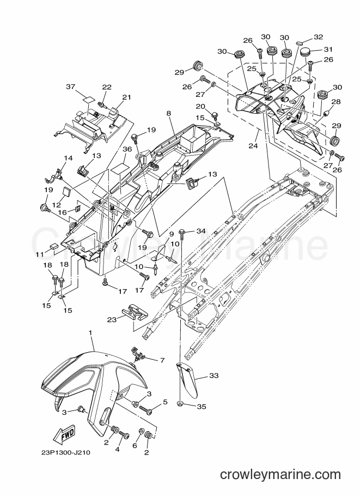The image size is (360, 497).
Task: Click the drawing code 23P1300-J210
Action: [66, 452]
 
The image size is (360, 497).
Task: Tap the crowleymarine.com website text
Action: [280, 475]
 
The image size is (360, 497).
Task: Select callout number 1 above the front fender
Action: [90, 333]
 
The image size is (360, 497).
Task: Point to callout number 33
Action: [214, 376]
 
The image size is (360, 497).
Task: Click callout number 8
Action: [168, 113]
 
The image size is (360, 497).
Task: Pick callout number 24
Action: [253, 146]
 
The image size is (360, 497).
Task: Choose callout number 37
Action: [71, 87]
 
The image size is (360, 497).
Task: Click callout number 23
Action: [112, 320]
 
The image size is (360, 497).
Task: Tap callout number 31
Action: [328, 49]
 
